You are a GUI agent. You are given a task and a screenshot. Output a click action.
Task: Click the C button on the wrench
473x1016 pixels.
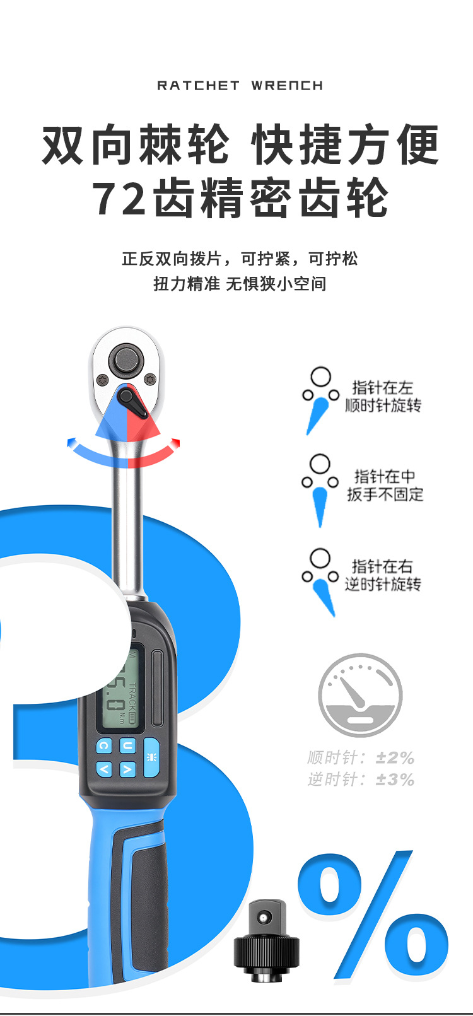coord(104,746)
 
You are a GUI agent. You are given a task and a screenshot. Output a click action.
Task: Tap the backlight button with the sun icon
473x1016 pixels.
coord(151,757)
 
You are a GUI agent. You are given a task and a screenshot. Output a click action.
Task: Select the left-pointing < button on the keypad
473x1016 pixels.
coord(104,769)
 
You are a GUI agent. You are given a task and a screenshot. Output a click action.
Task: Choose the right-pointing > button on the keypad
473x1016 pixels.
coord(127,769)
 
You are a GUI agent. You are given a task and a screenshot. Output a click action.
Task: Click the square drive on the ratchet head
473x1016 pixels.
coord(126,361)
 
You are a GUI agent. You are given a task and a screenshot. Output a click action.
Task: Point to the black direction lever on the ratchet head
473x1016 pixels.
coord(132,402)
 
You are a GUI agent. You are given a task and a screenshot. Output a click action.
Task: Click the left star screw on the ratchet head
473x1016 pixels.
coord(101,380)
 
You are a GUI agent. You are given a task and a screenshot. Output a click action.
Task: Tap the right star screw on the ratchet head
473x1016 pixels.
coord(150,380)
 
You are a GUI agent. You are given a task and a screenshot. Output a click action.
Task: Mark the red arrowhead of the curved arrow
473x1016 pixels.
coord(176,442)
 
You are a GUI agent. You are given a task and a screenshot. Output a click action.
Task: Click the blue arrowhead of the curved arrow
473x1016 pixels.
coord(72,443)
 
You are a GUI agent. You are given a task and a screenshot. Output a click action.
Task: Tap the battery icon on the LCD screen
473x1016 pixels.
coord(132,716)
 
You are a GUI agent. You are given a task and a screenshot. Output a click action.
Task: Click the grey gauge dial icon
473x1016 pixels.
coord(360,695)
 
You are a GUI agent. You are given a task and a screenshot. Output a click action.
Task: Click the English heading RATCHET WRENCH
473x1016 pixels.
coord(240,86)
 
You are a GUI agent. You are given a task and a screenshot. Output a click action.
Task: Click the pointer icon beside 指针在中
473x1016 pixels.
coord(320,490)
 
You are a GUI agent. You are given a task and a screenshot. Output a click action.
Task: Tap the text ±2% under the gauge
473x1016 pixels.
coord(395,757)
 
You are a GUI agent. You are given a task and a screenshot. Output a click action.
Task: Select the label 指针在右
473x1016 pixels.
coord(382,566)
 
